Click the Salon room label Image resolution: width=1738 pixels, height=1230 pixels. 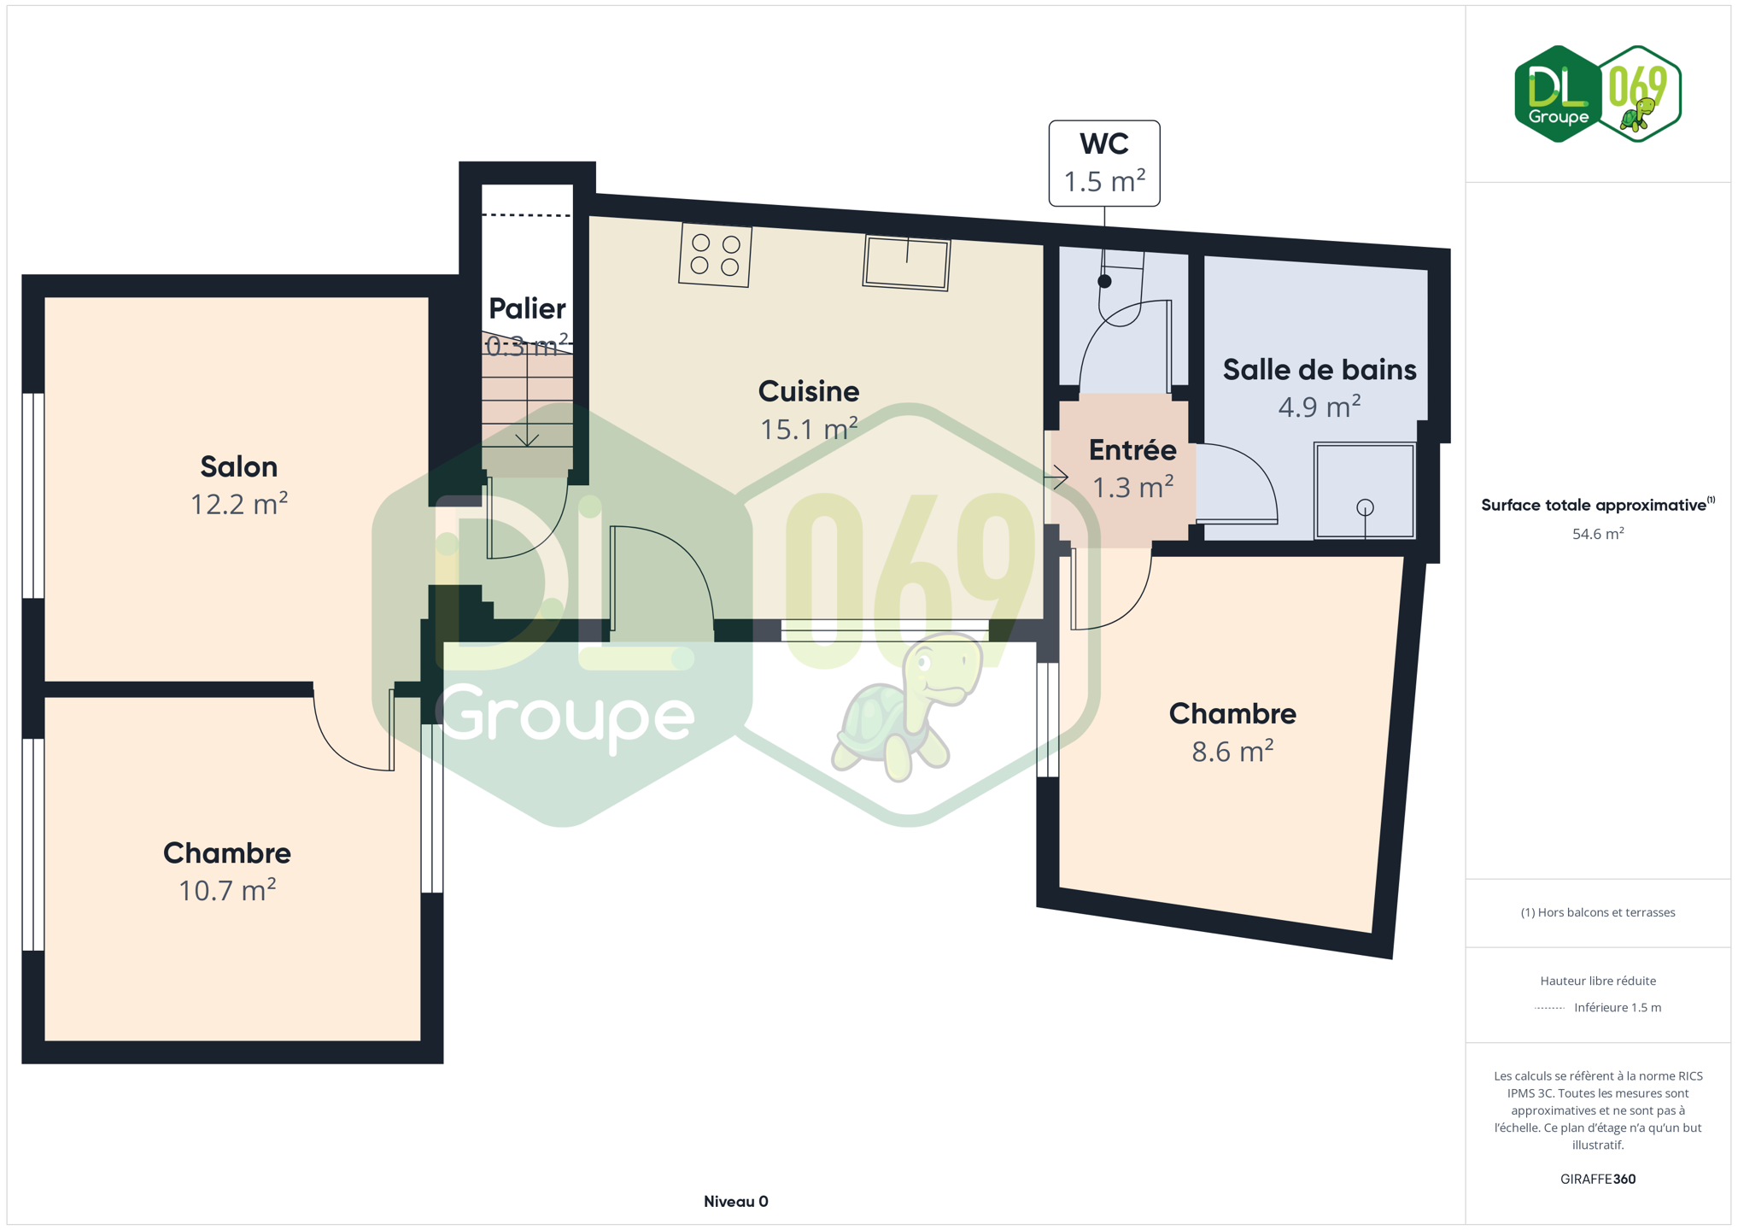point(239,466)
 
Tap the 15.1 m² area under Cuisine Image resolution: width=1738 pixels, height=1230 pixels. point(809,428)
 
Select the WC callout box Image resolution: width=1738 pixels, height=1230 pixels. point(1104,163)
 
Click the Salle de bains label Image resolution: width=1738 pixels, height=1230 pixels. point(1320,370)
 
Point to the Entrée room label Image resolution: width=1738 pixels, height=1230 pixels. point(1132,449)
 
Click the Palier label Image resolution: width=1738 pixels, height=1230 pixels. point(527,308)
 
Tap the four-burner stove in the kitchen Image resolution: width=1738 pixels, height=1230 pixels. point(716,255)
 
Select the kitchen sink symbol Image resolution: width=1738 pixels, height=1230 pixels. point(906,263)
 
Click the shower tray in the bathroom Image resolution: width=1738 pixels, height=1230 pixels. point(1365,490)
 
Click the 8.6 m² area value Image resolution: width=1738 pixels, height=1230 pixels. point(1232,751)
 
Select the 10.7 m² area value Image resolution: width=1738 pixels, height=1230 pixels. point(227,890)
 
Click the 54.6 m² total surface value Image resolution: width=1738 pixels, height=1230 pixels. point(1598,534)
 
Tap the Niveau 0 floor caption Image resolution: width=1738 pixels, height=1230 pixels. point(736,1202)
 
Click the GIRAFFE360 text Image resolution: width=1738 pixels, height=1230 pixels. point(1598,1179)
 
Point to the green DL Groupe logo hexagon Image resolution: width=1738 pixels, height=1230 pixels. point(1558,94)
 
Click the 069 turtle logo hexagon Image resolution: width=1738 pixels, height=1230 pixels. point(1640,94)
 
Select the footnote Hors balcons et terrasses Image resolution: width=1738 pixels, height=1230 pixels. point(1598,912)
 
